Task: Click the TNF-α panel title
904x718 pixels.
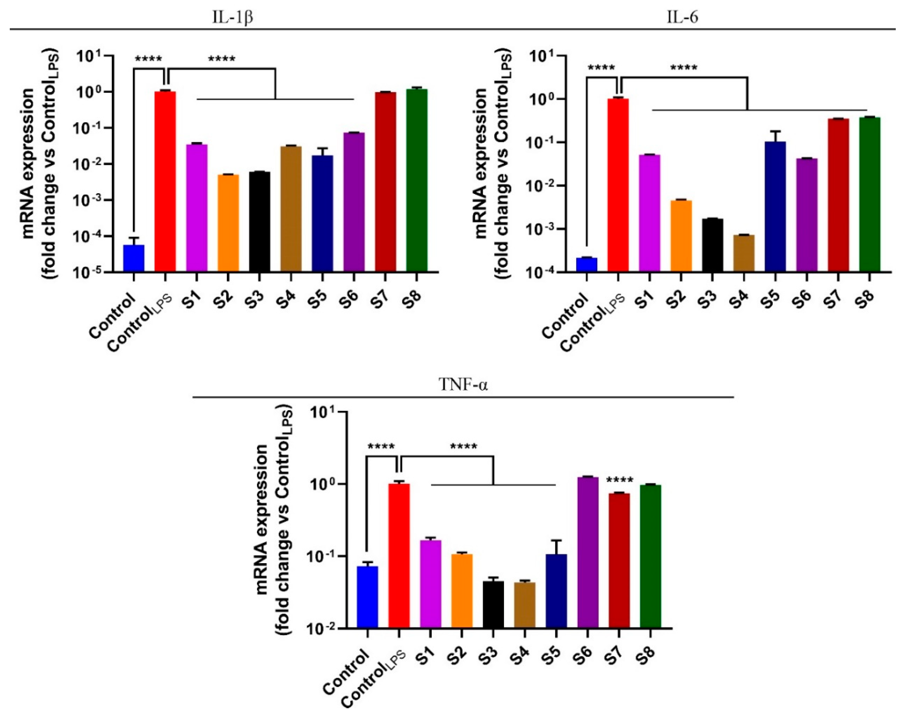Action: click(463, 384)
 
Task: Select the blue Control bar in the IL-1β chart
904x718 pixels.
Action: click(134, 258)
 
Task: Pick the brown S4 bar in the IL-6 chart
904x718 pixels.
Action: click(744, 253)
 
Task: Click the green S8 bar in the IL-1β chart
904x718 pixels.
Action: click(417, 180)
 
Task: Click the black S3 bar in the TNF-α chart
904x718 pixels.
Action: click(493, 604)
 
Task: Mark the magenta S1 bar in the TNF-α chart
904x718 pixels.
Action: click(430, 583)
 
